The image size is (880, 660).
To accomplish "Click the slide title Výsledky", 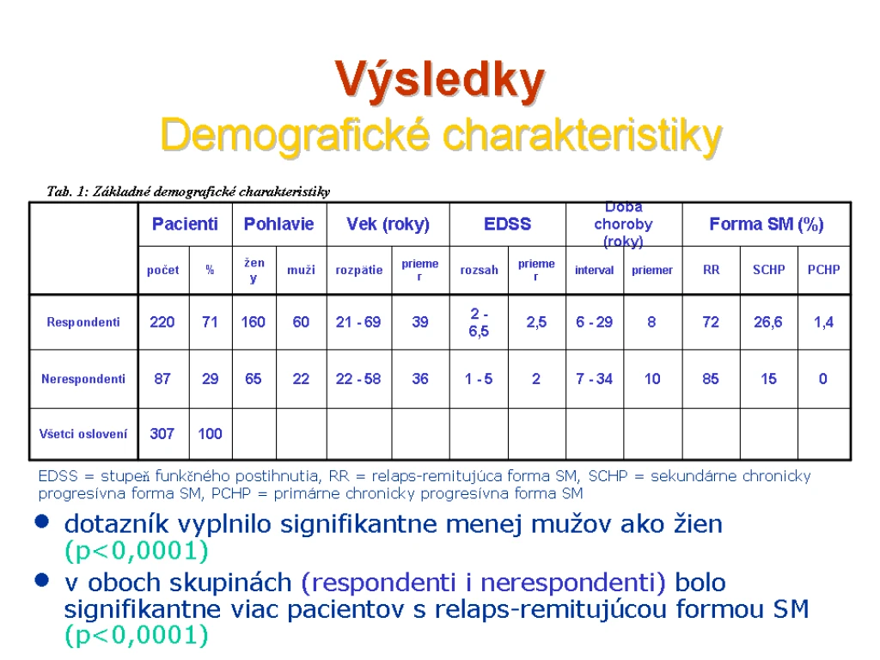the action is pyautogui.click(x=439, y=82).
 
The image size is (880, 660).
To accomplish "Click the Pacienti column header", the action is pyautogui.click(x=185, y=224).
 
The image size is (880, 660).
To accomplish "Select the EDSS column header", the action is pyautogui.click(x=507, y=224).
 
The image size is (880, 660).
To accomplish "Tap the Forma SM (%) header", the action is pyautogui.click(x=766, y=224).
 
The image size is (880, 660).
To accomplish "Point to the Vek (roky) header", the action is pyautogui.click(x=388, y=224).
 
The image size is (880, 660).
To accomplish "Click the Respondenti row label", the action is pyautogui.click(x=83, y=322).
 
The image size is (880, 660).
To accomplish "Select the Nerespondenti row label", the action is pyautogui.click(x=83, y=379).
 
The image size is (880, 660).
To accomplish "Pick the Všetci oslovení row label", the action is pyautogui.click(x=83, y=434).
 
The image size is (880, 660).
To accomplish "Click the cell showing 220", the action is pyautogui.click(x=162, y=322).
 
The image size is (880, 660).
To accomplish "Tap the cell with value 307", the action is pyautogui.click(x=162, y=434).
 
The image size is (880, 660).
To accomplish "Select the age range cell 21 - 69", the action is pyautogui.click(x=358, y=322).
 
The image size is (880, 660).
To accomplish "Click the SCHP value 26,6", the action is pyautogui.click(x=767, y=322).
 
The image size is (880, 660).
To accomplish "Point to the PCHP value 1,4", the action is pyautogui.click(x=823, y=322).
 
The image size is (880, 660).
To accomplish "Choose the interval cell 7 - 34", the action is pyautogui.click(x=594, y=379).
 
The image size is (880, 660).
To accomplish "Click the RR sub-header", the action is pyautogui.click(x=711, y=270).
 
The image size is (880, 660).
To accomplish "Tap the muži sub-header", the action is pyautogui.click(x=301, y=270).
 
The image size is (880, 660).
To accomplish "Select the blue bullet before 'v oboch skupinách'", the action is pyautogui.click(x=42, y=580).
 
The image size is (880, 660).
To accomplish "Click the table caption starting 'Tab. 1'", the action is pyautogui.click(x=188, y=192).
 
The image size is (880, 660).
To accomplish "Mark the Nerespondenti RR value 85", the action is pyautogui.click(x=711, y=379).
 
